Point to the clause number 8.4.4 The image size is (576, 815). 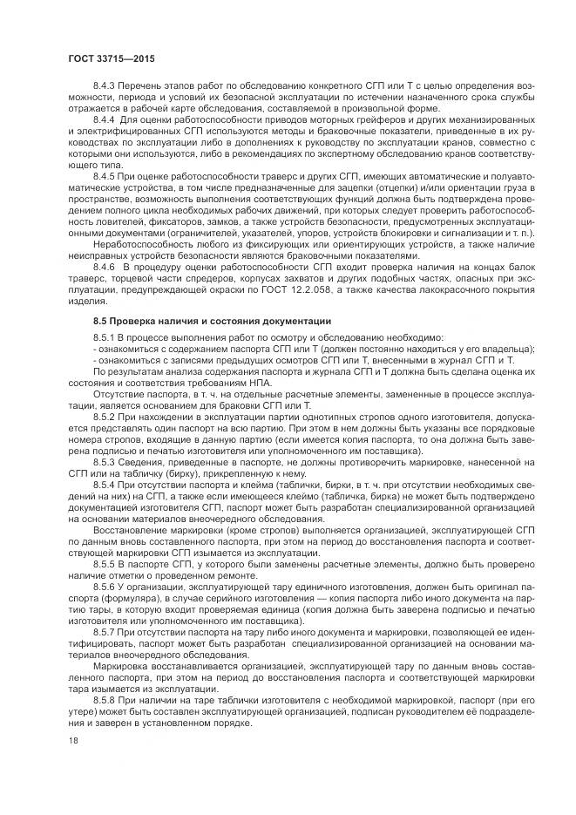click(x=104, y=119)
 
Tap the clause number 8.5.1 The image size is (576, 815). click(x=104, y=336)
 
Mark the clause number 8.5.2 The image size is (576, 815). click(x=104, y=416)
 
